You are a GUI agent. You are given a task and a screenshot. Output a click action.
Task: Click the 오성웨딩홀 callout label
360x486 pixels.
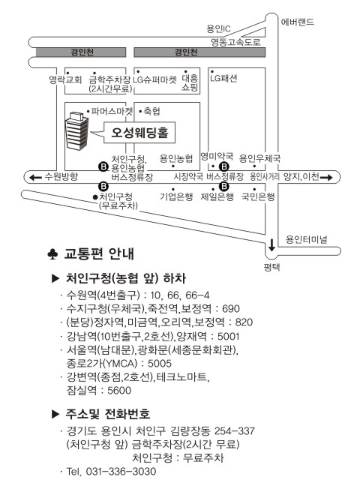139,133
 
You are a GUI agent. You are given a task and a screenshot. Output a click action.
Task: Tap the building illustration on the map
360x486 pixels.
76,131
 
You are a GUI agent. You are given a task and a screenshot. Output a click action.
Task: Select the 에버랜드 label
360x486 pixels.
297,22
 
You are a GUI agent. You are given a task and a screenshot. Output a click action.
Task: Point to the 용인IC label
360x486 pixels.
218,28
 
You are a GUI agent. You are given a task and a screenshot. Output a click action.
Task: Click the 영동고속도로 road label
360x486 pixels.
235,42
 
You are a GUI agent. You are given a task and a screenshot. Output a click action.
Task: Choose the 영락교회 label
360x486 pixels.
65,79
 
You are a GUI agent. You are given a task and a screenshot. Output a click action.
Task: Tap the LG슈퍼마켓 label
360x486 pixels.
154,79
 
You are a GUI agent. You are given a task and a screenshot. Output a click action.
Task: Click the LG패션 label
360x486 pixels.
223,78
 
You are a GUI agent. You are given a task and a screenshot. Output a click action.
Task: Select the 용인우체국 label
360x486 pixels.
259,158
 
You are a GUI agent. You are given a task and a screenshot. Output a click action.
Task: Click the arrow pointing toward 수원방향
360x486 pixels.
35,177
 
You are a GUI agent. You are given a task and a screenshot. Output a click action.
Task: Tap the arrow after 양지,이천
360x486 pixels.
326,178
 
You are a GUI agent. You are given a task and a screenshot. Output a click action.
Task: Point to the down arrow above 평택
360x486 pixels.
272,244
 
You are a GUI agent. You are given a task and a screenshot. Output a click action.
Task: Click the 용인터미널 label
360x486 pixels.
306,239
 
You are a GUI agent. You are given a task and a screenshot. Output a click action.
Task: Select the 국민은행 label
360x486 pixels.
258,196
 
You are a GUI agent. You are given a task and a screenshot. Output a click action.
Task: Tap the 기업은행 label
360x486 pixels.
176,196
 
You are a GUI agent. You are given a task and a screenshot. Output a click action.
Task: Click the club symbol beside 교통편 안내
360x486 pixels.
52,254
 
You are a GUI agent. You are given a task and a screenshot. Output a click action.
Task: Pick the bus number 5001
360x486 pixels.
229,336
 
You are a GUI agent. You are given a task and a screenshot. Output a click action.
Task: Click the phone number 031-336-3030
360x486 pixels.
121,472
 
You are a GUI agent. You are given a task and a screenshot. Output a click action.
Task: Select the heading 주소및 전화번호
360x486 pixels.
107,414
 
